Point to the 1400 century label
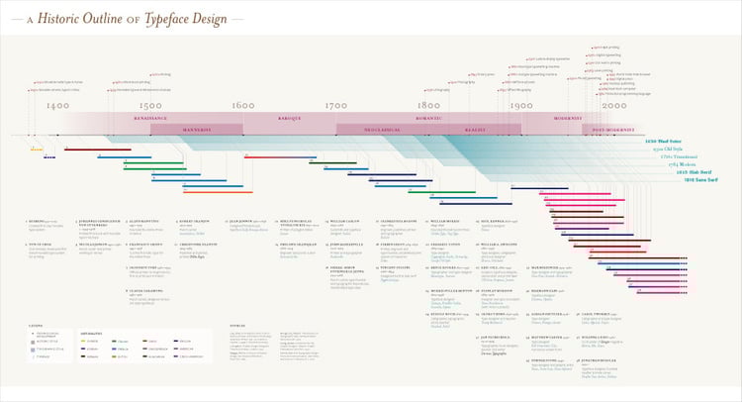[x=57, y=106]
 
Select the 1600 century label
[x=242, y=106]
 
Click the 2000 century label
[x=613, y=106]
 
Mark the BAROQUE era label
[x=289, y=118]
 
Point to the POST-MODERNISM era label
[x=613, y=129]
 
